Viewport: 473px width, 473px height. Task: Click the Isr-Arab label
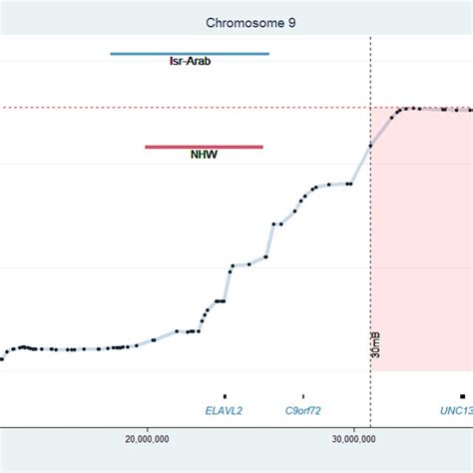(x=190, y=62)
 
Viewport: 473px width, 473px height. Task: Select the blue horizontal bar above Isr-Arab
(x=190, y=53)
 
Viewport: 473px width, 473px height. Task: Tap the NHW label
(x=204, y=156)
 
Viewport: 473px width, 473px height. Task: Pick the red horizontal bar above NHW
(x=204, y=147)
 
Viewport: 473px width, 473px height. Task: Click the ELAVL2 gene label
(x=225, y=410)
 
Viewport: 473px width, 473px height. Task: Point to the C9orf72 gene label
(x=303, y=410)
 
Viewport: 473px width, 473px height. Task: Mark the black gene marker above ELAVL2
(x=225, y=396)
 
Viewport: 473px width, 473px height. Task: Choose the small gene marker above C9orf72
(x=303, y=396)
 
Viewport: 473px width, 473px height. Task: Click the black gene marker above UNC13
(x=461, y=396)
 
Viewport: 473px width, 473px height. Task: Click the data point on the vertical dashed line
(x=371, y=146)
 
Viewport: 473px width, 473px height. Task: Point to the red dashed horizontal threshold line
(x=200, y=108)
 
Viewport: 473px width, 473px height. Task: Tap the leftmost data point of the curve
(x=2, y=358)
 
